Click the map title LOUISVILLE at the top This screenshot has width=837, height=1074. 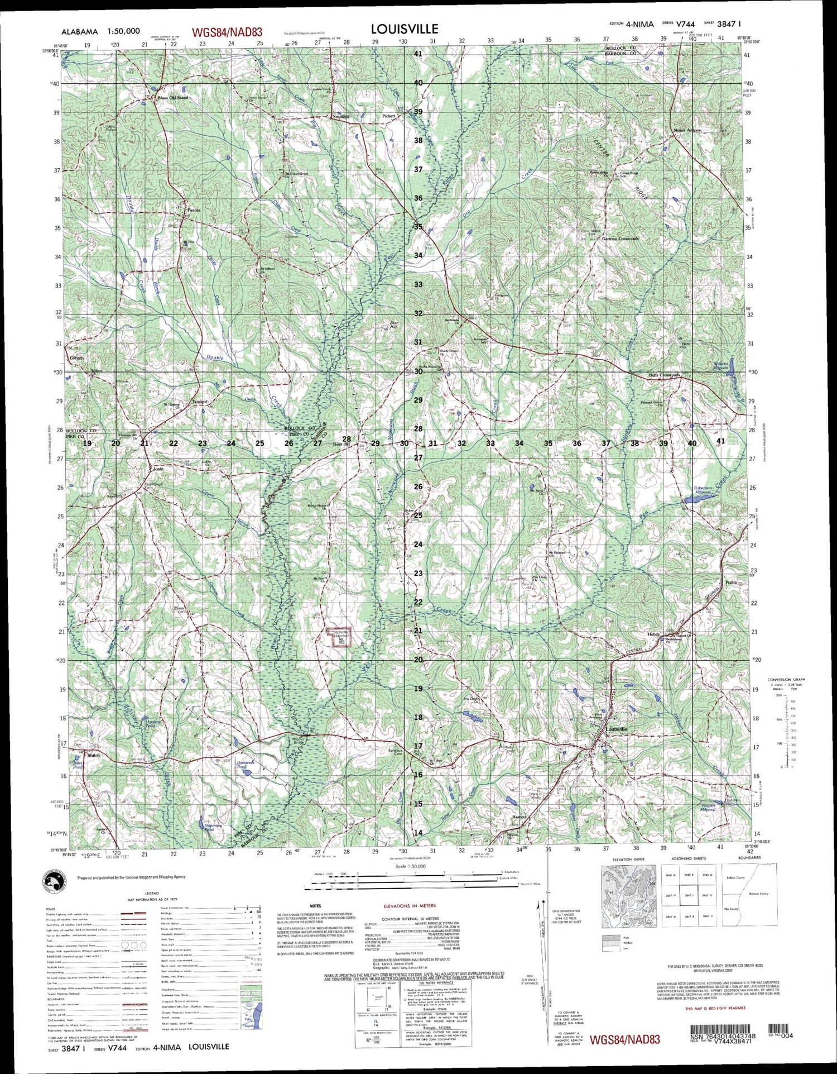click(x=405, y=29)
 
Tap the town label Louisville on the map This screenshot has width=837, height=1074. click(x=616, y=729)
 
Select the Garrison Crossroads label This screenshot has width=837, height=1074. click(x=620, y=238)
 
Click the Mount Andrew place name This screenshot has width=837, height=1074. click(x=687, y=130)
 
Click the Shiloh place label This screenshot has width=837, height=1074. click(x=93, y=755)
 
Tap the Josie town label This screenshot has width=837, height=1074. click(x=158, y=469)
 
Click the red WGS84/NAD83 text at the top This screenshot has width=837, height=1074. click(x=227, y=33)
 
